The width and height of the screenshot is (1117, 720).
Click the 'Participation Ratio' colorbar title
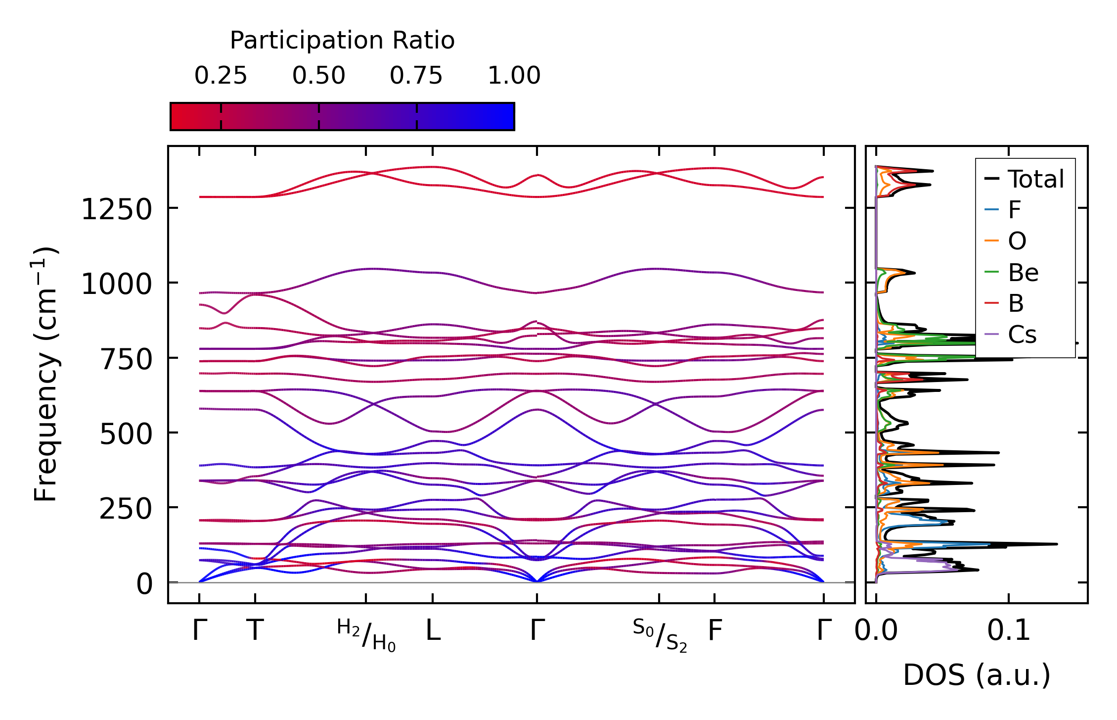(x=342, y=41)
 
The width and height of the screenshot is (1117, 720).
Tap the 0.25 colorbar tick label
(x=221, y=76)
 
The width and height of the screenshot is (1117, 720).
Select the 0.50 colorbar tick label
(x=318, y=76)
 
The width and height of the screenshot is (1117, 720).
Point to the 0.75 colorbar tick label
(x=416, y=76)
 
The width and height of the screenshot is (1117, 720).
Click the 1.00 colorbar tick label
(x=514, y=76)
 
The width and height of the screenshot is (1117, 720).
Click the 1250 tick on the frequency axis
(x=116, y=209)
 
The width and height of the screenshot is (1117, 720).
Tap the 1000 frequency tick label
(x=116, y=285)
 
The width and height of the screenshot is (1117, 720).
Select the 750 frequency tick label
(x=126, y=359)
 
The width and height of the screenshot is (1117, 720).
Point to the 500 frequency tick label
(x=126, y=434)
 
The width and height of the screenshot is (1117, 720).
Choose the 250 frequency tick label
(x=126, y=509)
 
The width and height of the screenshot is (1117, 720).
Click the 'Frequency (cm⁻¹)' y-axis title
(x=45, y=374)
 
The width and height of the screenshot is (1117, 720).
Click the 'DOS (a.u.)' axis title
(x=977, y=675)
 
